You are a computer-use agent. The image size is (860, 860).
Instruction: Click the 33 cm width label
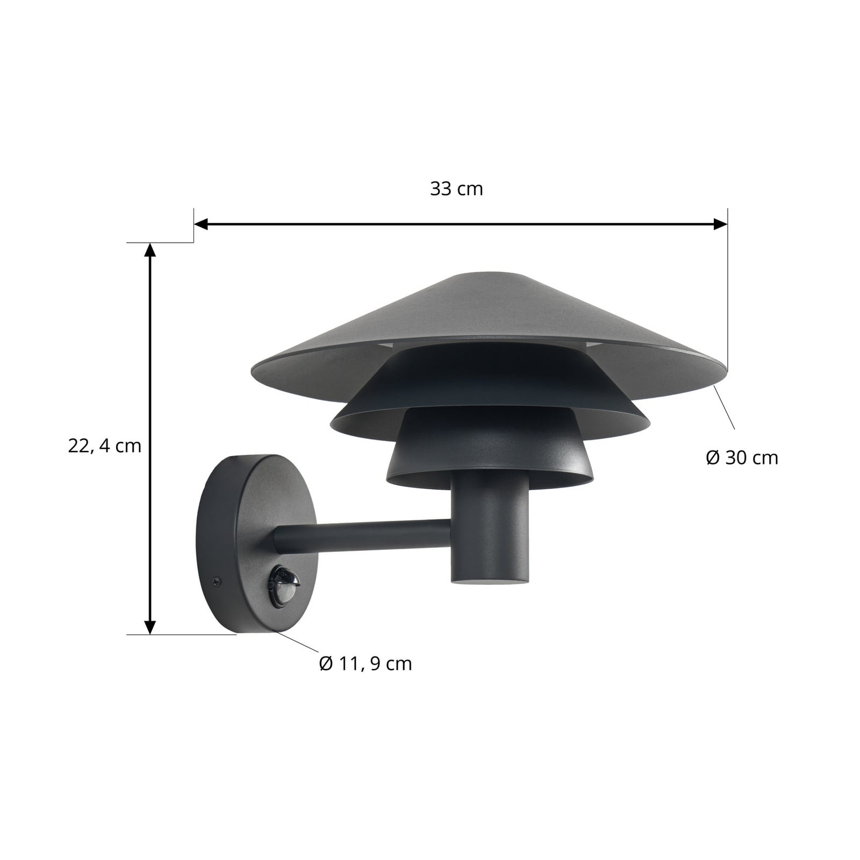456,189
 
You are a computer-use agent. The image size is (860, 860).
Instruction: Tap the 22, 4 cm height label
105,446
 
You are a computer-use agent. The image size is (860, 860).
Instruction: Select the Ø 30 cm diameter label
742,457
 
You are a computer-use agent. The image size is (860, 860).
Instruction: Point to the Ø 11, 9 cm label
365,664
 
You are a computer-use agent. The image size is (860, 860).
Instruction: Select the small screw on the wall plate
216,580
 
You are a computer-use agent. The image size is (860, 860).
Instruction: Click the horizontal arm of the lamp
365,535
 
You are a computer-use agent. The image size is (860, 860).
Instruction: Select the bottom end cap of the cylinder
489,580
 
